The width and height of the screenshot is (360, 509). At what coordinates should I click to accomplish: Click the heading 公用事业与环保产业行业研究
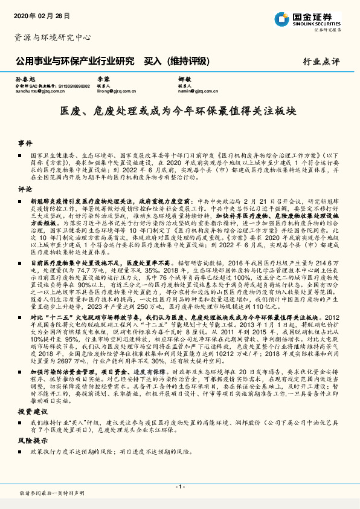(73, 61)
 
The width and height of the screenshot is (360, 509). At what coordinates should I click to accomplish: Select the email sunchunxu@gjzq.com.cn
(34, 92)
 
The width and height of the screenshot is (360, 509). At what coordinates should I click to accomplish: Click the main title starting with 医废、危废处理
(179, 112)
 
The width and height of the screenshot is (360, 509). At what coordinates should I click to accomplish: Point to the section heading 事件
(25, 144)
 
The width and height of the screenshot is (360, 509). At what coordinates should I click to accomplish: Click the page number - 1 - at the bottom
(179, 487)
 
